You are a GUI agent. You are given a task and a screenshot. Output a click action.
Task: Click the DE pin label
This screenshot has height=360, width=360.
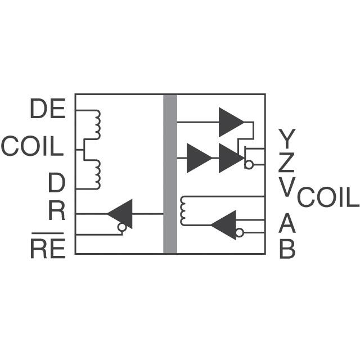coord(48,110)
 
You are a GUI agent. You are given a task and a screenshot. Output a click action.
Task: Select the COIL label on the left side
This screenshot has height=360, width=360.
coord(31,147)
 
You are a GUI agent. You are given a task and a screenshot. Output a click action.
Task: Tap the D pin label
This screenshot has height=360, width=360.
coord(56,183)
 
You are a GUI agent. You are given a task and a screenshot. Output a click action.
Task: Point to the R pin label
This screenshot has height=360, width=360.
coord(56,212)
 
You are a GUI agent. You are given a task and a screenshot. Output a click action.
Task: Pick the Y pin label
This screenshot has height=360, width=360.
coord(286,137)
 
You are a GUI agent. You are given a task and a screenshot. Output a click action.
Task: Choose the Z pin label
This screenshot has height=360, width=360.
coord(286,163)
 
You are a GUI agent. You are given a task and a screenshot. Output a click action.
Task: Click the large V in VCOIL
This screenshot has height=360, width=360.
coord(287,187)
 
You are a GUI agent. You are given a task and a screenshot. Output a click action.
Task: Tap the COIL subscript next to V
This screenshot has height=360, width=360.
coord(327,199)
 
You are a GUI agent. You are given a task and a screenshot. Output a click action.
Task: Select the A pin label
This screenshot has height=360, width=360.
coord(287,224)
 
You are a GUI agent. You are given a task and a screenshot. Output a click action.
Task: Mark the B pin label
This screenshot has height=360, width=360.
coord(287,249)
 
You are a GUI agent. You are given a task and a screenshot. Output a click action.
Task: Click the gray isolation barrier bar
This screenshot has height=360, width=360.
coord(170,174)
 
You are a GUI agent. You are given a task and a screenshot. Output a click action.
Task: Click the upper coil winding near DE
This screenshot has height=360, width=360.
coord(97,124)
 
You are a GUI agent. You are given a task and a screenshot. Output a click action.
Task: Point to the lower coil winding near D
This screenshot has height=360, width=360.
coord(97,174)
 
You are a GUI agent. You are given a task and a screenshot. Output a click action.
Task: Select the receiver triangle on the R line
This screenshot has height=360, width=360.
coord(121,214)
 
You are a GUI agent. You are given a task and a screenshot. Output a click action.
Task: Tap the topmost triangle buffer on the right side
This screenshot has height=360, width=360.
coord(231,121)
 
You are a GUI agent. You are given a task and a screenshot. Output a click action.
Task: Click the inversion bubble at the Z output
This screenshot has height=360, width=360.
coord(248,165)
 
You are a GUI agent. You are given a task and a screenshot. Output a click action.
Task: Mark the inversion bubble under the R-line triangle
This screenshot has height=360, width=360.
coord(121,228)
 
